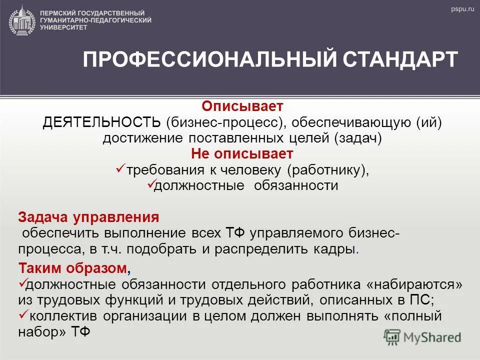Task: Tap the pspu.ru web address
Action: [461, 9]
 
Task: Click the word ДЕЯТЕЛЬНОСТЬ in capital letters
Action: [102, 122]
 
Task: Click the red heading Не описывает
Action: [242, 153]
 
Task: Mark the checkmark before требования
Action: [120, 169]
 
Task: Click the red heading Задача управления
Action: [88, 217]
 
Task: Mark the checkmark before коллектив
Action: [22, 315]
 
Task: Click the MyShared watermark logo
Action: [422, 337]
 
